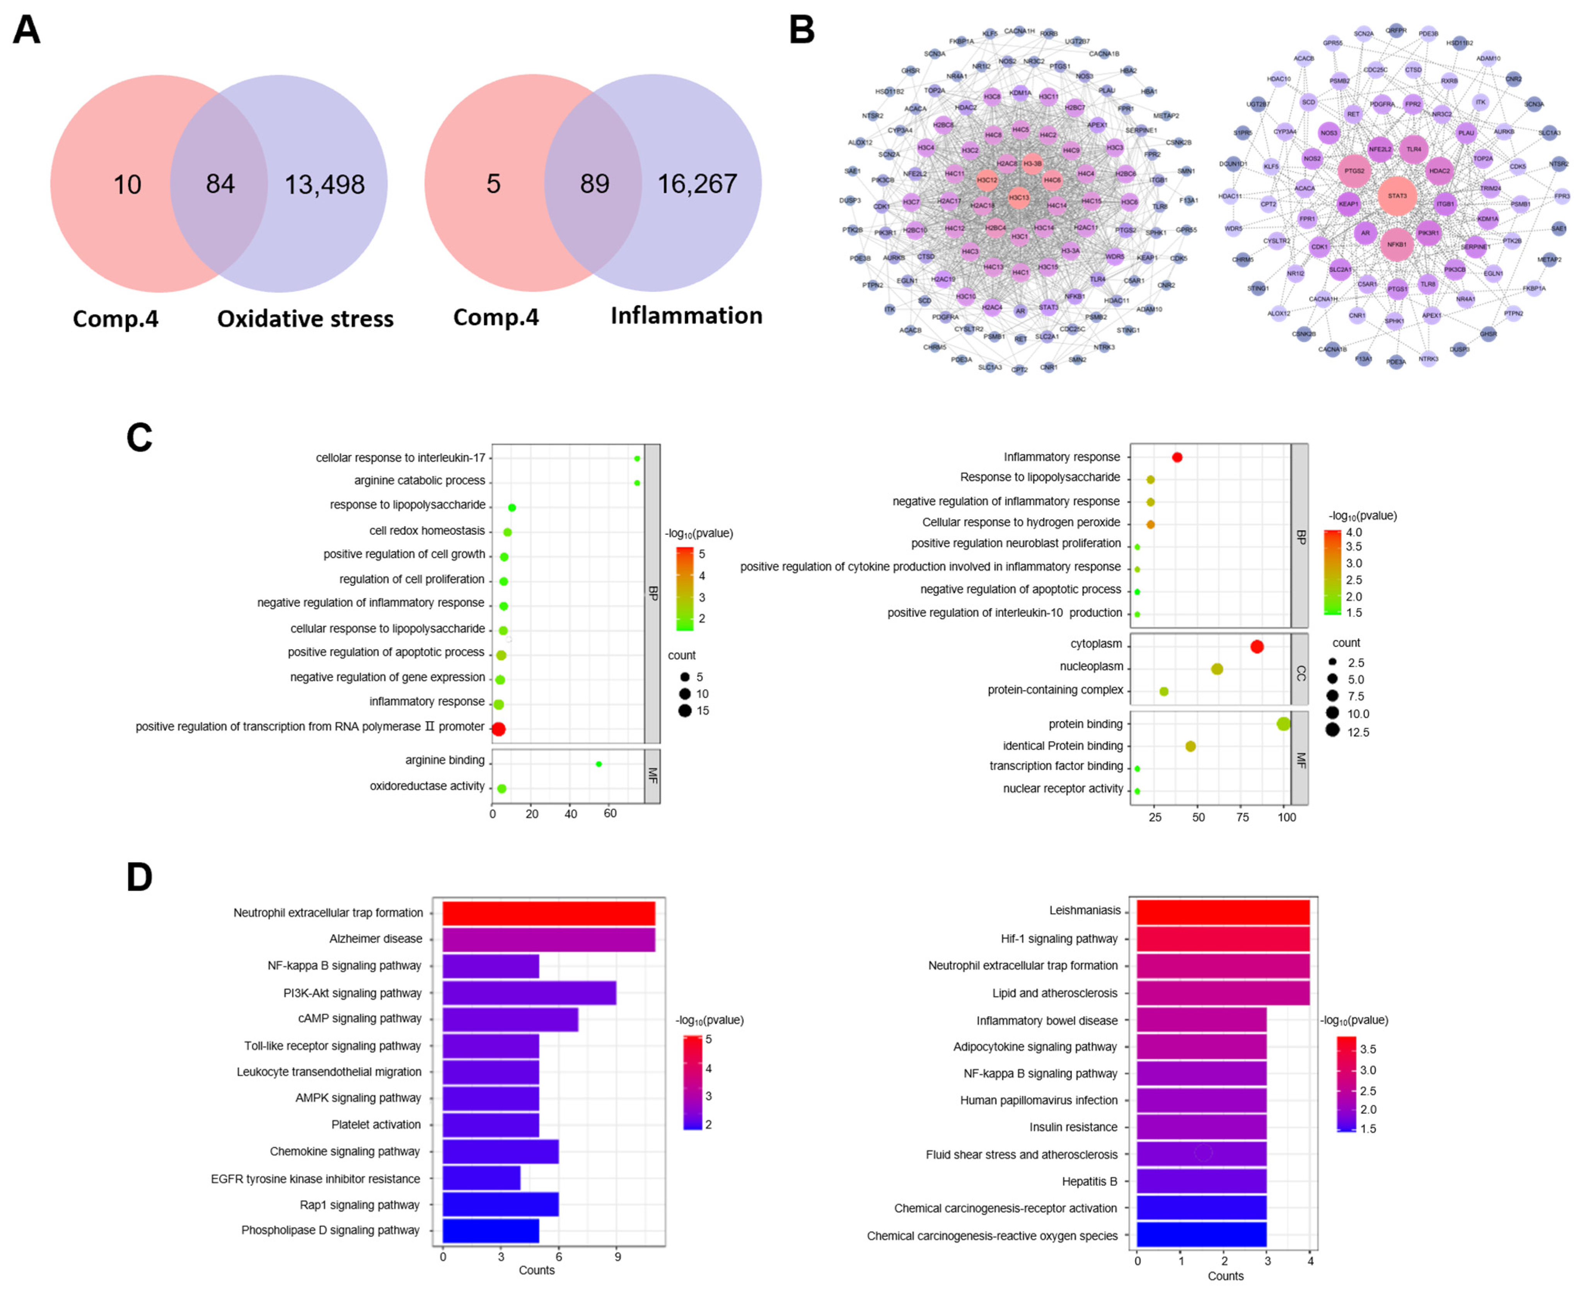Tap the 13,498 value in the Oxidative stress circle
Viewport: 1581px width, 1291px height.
pyautogui.click(x=324, y=184)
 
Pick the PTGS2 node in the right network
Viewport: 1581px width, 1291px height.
pyautogui.click(x=1354, y=171)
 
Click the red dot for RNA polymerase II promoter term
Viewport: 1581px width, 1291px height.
pyautogui.click(x=498, y=729)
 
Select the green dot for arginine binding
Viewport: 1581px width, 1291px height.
pyautogui.click(x=599, y=764)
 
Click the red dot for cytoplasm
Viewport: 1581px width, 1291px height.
pyautogui.click(x=1257, y=646)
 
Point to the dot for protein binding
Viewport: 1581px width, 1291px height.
pyautogui.click(x=1283, y=723)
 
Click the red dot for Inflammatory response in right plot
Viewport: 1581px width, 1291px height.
pyautogui.click(x=1177, y=457)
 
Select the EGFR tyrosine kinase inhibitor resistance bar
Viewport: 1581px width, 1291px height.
pyautogui.click(x=481, y=1178)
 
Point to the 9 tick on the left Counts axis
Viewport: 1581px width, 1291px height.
pyautogui.click(x=617, y=1257)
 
